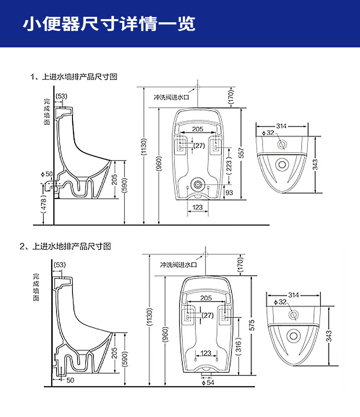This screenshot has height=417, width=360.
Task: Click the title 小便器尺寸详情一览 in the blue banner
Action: pos(109,24)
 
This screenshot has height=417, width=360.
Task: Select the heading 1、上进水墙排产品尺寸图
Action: pos(74,77)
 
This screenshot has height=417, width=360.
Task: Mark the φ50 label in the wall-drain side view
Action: pos(47,174)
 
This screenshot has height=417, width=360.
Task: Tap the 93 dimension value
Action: pos(229,193)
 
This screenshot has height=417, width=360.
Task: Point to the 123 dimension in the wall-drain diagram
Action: pos(198,207)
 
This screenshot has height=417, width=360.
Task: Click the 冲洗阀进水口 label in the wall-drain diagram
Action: pos(171,97)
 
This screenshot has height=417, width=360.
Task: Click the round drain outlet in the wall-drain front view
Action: pos(198,185)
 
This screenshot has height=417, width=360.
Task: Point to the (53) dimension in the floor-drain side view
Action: pos(60,265)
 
